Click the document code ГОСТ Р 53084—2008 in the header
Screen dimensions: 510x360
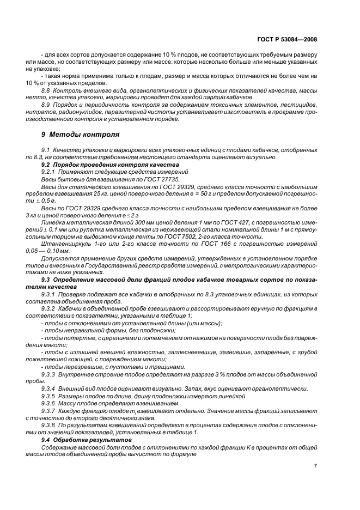coord(286,39)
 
